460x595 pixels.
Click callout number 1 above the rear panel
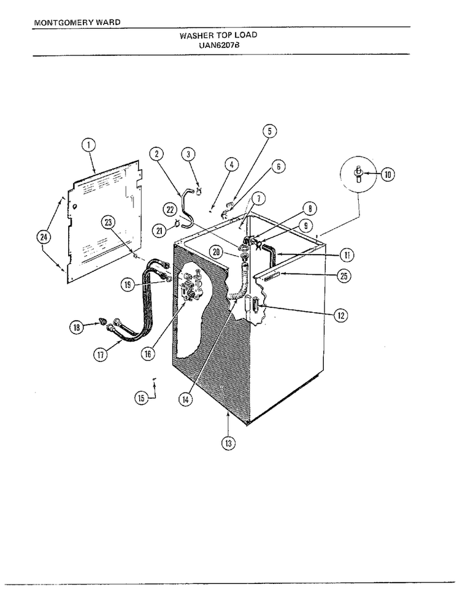(x=88, y=145)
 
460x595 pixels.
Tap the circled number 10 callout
(x=388, y=174)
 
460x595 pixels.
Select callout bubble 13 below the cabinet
(x=228, y=443)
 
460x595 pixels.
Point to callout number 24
(x=44, y=237)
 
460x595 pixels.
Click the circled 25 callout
(x=344, y=276)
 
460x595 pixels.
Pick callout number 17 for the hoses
(x=100, y=355)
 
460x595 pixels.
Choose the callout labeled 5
(x=270, y=131)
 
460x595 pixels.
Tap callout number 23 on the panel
(x=109, y=222)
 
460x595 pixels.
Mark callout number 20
(x=216, y=251)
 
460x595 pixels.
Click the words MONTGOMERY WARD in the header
(x=77, y=22)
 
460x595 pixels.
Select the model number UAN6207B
(x=219, y=44)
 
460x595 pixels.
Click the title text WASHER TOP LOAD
(x=218, y=36)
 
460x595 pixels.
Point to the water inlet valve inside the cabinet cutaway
(x=192, y=287)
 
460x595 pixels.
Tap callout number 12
(x=341, y=315)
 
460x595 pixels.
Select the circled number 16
(x=148, y=354)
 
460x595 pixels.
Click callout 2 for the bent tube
(x=156, y=154)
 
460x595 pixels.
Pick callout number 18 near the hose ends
(x=77, y=327)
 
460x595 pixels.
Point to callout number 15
(x=141, y=397)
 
